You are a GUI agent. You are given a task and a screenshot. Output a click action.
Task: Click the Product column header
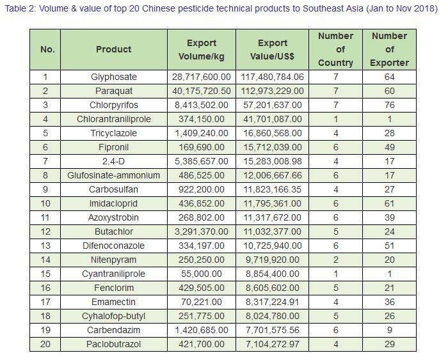[114, 49]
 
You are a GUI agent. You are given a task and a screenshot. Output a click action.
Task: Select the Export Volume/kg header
[202, 50]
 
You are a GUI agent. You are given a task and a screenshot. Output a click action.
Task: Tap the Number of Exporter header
[389, 49]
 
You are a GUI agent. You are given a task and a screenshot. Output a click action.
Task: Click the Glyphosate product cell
[114, 77]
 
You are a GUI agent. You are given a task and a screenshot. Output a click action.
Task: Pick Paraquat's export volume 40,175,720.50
[202, 91]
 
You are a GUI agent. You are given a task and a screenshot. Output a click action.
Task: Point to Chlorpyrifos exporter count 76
[389, 105]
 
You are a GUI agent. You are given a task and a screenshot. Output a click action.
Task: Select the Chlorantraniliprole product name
[114, 119]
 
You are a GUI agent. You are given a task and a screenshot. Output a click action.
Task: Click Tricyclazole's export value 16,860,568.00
[273, 134]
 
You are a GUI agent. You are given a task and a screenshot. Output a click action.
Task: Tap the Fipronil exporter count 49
[389, 147]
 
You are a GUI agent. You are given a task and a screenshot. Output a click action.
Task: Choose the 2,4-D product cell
[114, 162]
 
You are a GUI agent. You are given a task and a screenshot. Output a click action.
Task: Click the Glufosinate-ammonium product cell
[114, 175]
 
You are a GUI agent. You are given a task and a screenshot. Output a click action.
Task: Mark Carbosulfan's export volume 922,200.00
[202, 189]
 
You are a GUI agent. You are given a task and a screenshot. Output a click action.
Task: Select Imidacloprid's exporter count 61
[389, 203]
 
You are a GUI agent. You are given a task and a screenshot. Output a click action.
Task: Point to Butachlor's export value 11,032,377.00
[273, 231]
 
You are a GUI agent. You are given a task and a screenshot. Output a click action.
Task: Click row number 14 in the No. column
[45, 260]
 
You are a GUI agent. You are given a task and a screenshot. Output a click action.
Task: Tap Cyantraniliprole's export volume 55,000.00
[202, 274]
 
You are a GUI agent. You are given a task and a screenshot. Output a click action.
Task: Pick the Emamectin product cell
[114, 302]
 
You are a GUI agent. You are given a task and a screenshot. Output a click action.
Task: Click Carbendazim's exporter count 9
[389, 331]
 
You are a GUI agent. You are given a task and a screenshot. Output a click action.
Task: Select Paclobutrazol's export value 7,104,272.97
[273, 344]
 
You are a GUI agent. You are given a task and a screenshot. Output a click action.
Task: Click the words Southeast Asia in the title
[333, 8]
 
